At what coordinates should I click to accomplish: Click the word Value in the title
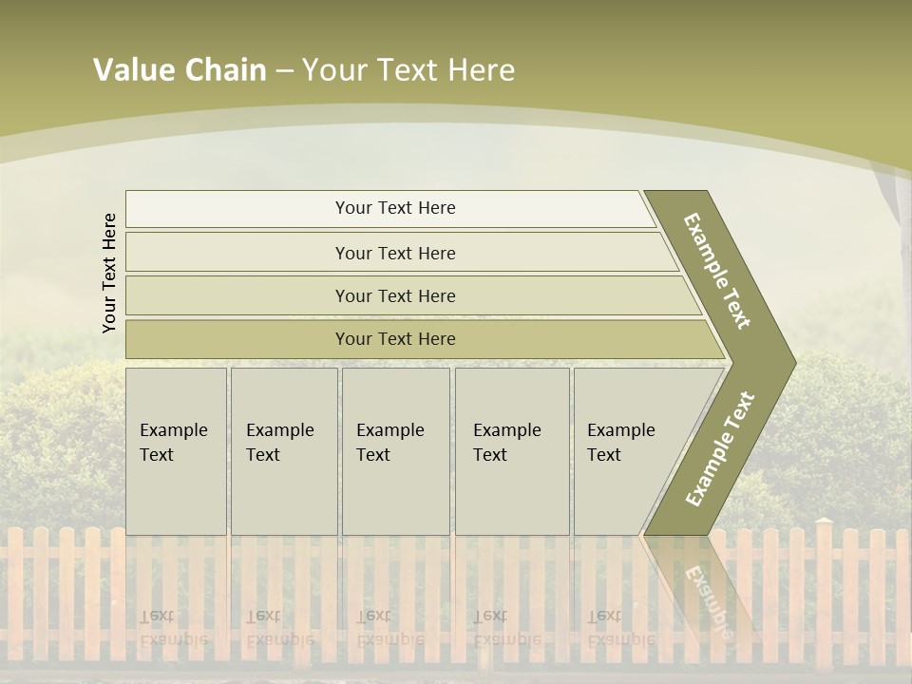(x=132, y=70)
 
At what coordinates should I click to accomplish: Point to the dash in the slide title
(x=284, y=71)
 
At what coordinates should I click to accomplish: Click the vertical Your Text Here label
(x=109, y=273)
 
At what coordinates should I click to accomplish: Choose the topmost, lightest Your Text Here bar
(x=394, y=208)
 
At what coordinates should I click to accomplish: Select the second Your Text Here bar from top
(x=394, y=253)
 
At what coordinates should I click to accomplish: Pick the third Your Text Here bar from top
(x=394, y=295)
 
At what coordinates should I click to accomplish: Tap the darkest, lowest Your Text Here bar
(x=394, y=339)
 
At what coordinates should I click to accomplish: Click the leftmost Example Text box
(x=176, y=451)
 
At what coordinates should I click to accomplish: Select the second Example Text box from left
(x=283, y=451)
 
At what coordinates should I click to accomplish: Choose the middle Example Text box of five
(x=395, y=451)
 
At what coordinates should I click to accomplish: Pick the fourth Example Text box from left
(x=511, y=451)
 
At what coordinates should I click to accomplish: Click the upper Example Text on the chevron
(x=717, y=271)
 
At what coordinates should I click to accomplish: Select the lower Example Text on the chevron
(x=720, y=448)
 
